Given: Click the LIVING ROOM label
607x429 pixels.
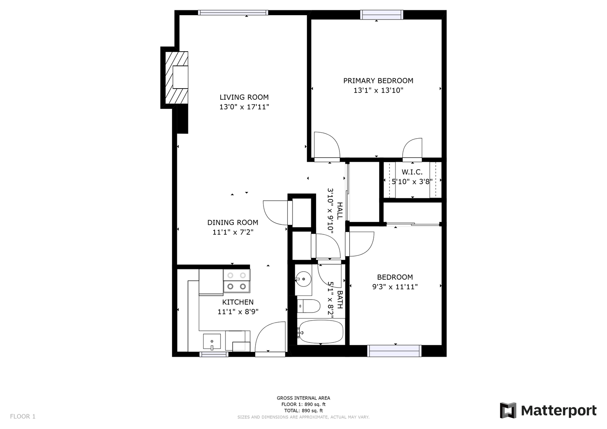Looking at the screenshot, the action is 244,97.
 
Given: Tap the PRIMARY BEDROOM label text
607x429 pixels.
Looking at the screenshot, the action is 378,81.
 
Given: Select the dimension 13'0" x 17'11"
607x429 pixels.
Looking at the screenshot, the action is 244,107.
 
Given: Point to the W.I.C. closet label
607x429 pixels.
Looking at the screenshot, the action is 412,172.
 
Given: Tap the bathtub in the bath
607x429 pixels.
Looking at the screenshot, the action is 321,332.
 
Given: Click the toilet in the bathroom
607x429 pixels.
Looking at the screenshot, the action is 309,306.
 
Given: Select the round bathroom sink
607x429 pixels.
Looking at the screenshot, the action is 303,279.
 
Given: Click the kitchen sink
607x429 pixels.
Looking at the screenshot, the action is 211,342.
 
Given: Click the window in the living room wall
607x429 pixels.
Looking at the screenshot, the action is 233,12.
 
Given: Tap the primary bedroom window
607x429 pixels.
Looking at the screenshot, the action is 382,15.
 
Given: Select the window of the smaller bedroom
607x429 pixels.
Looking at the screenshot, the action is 394,351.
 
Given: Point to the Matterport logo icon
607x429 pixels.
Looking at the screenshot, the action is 508,410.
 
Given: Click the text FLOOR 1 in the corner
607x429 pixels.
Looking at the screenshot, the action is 23,417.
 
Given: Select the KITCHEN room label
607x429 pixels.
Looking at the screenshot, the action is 238,302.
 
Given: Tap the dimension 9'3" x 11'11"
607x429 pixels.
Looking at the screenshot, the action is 395,287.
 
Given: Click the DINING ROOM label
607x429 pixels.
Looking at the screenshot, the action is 233,222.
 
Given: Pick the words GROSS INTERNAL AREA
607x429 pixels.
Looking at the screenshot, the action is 303,398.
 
